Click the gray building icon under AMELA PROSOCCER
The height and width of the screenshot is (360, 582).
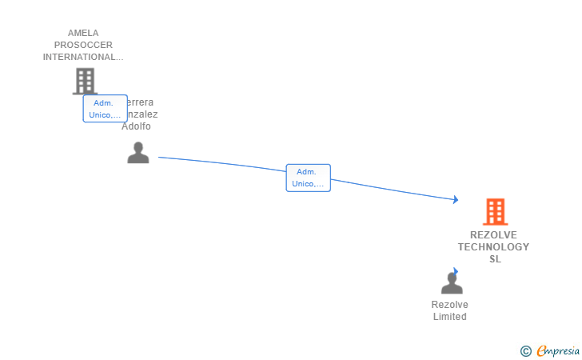pyautogui.click(x=84, y=81)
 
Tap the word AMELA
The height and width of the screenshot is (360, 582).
pyautogui.click(x=83, y=34)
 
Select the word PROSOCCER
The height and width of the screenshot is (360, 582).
pyautogui.click(x=83, y=46)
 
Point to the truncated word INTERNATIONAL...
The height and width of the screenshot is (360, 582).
pyautogui.click(x=83, y=58)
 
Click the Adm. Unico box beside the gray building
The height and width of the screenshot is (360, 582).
pyautogui.click(x=105, y=109)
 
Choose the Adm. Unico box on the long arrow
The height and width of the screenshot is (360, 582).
pyautogui.click(x=308, y=178)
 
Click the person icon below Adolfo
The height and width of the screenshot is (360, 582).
pyautogui.click(x=138, y=153)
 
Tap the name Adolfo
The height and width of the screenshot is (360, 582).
pyautogui.click(x=136, y=126)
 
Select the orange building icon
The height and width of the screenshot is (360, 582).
pyautogui.click(x=495, y=212)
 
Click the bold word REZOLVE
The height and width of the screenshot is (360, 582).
pyautogui.click(x=494, y=235)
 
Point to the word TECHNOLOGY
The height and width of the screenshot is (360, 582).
pyautogui.click(x=494, y=247)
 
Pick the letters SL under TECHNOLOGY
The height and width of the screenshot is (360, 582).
pyautogui.click(x=495, y=259)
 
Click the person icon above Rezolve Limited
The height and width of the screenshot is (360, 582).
pyautogui.click(x=452, y=283)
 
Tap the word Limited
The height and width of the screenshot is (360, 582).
pyautogui.click(x=449, y=317)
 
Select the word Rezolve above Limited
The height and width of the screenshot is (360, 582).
pyautogui.click(x=449, y=305)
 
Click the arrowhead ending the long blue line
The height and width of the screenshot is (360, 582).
pyautogui.click(x=456, y=200)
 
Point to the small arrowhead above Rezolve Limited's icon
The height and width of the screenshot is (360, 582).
pyautogui.click(x=456, y=271)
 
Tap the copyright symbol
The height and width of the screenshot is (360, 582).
pyautogui.click(x=526, y=350)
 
